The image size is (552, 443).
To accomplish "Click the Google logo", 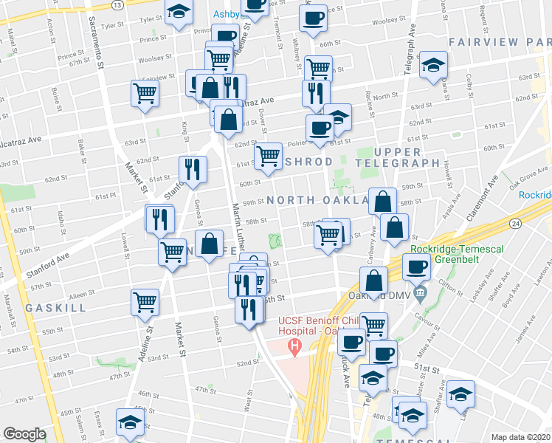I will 24,434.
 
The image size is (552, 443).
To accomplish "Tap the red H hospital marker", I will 295,346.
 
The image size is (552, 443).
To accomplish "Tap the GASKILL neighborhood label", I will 49,306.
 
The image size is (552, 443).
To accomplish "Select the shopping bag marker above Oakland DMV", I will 374,281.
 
